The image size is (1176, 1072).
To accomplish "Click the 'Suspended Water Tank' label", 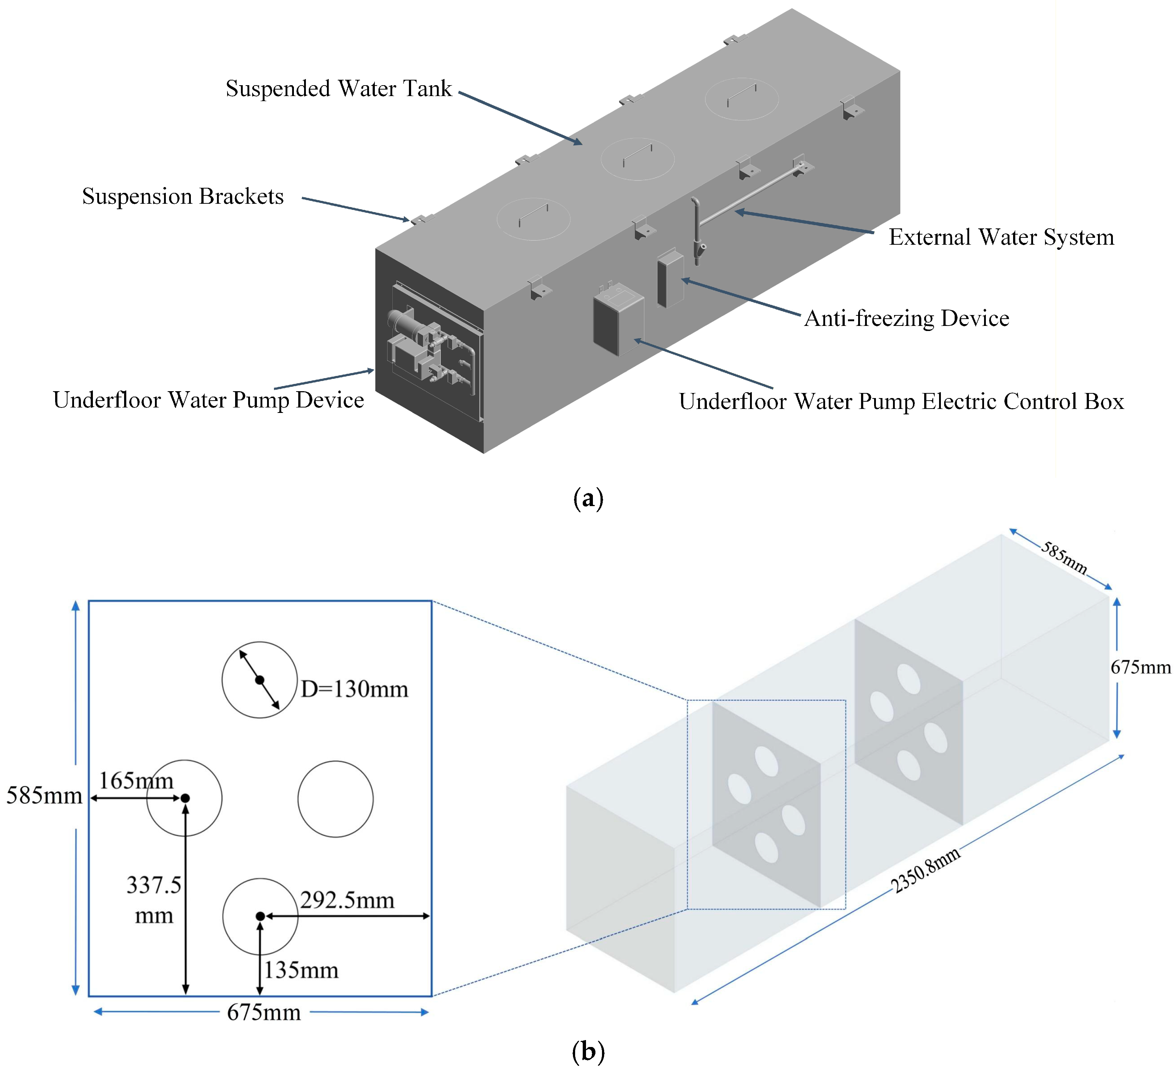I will click(338, 88).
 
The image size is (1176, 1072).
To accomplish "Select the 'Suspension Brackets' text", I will click(183, 196).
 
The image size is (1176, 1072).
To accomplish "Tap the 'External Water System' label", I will click(1001, 237).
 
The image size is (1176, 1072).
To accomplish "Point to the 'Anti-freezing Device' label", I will click(906, 318).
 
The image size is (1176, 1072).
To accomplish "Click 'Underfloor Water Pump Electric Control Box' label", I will click(901, 402).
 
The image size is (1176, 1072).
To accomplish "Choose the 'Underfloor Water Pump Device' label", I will click(208, 400).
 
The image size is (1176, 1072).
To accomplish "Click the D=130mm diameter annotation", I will click(354, 689).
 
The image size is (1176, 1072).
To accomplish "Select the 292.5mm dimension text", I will click(347, 900).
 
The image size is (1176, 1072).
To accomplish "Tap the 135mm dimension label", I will click(301, 970).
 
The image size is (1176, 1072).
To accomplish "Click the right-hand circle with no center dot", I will click(335, 799).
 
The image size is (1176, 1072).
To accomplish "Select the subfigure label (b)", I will click(588, 1052).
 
